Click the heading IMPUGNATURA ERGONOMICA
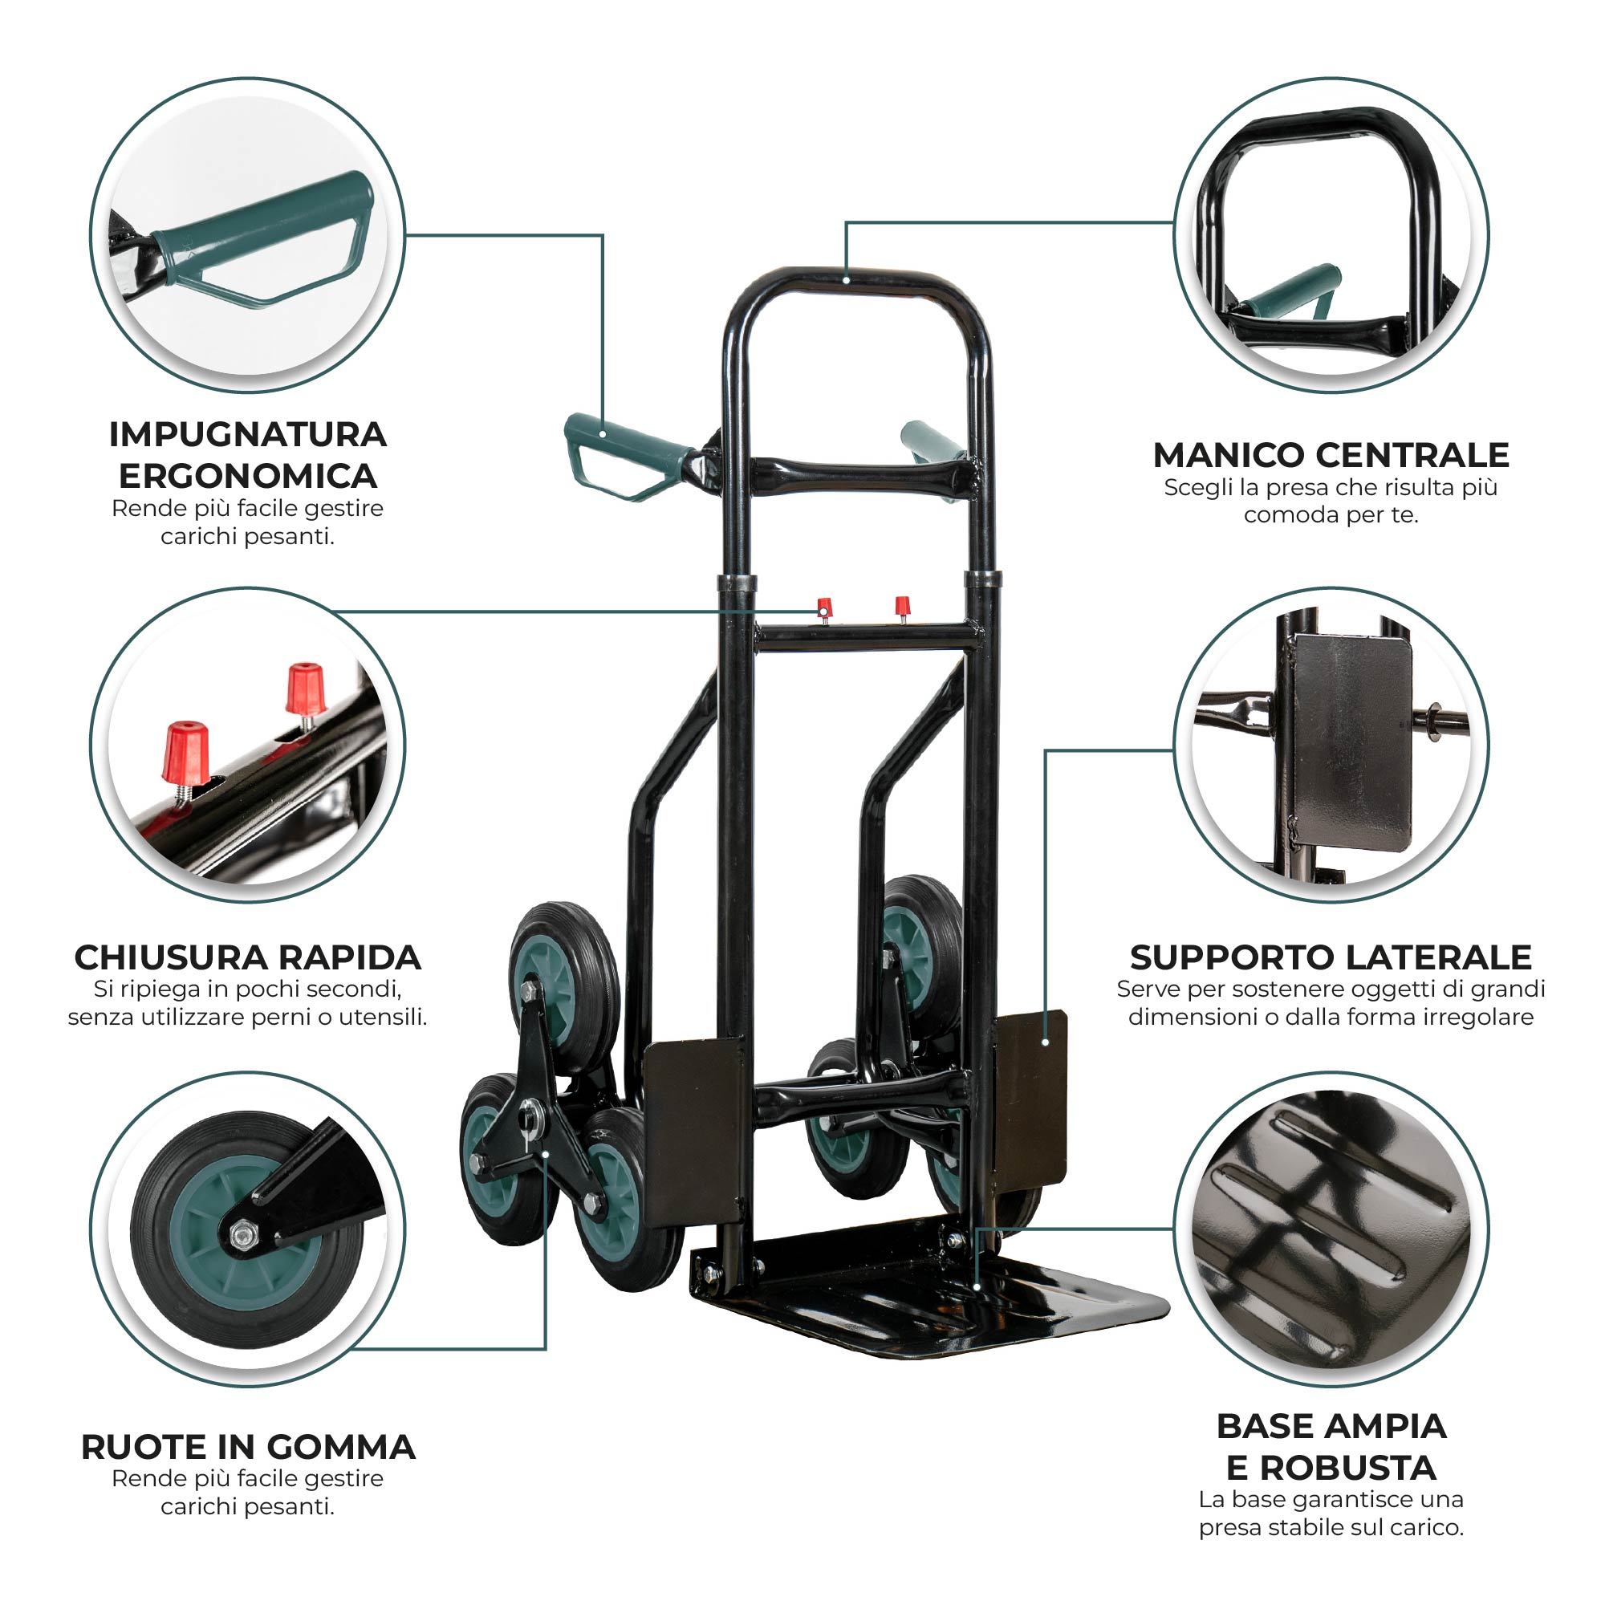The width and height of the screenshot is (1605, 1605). pyautogui.click(x=247, y=455)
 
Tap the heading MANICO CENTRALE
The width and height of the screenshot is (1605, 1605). pyautogui.click(x=1331, y=454)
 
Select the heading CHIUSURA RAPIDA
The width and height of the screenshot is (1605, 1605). pyautogui.click(x=247, y=957)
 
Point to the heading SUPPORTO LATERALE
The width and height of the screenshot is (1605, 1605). pyautogui.click(x=1331, y=957)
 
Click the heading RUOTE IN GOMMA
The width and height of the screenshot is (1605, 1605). pyautogui.click(x=247, y=1446)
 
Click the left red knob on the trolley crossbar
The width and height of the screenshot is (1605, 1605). pyautogui.click(x=824, y=609)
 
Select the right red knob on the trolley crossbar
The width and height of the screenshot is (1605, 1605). pyautogui.click(x=902, y=609)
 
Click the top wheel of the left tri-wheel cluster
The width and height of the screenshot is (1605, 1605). pyautogui.click(x=564, y=981)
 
